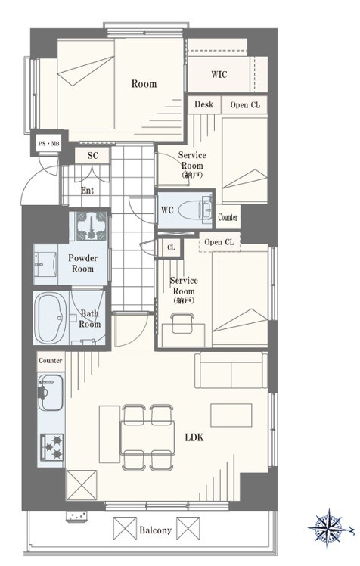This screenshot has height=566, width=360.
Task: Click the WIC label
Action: (x=219, y=74)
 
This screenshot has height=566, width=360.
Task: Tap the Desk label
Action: (x=203, y=104)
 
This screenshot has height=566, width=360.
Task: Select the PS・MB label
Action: (x=48, y=144)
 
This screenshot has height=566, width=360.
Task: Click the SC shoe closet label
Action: (x=93, y=156)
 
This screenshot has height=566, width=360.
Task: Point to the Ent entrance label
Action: (x=87, y=190)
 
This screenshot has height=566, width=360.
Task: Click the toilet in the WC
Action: (x=195, y=210)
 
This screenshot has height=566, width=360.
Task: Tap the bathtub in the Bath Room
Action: (x=51, y=318)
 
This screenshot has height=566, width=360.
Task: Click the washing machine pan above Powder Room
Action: (x=91, y=226)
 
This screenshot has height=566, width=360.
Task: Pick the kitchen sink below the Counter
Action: (x=51, y=392)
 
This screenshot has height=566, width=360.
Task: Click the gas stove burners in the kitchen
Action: (x=52, y=447)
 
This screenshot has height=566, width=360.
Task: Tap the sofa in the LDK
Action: (x=231, y=371)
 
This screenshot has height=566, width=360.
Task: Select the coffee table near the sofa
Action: (x=231, y=415)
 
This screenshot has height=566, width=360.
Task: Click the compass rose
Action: (x=329, y=528)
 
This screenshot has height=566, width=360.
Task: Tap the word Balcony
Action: (x=156, y=530)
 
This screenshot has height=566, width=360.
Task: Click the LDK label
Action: (x=194, y=437)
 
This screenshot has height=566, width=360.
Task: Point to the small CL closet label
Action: (x=171, y=247)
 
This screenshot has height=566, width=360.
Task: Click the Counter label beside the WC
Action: (x=228, y=217)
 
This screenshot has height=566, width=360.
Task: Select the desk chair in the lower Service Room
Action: (x=182, y=322)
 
